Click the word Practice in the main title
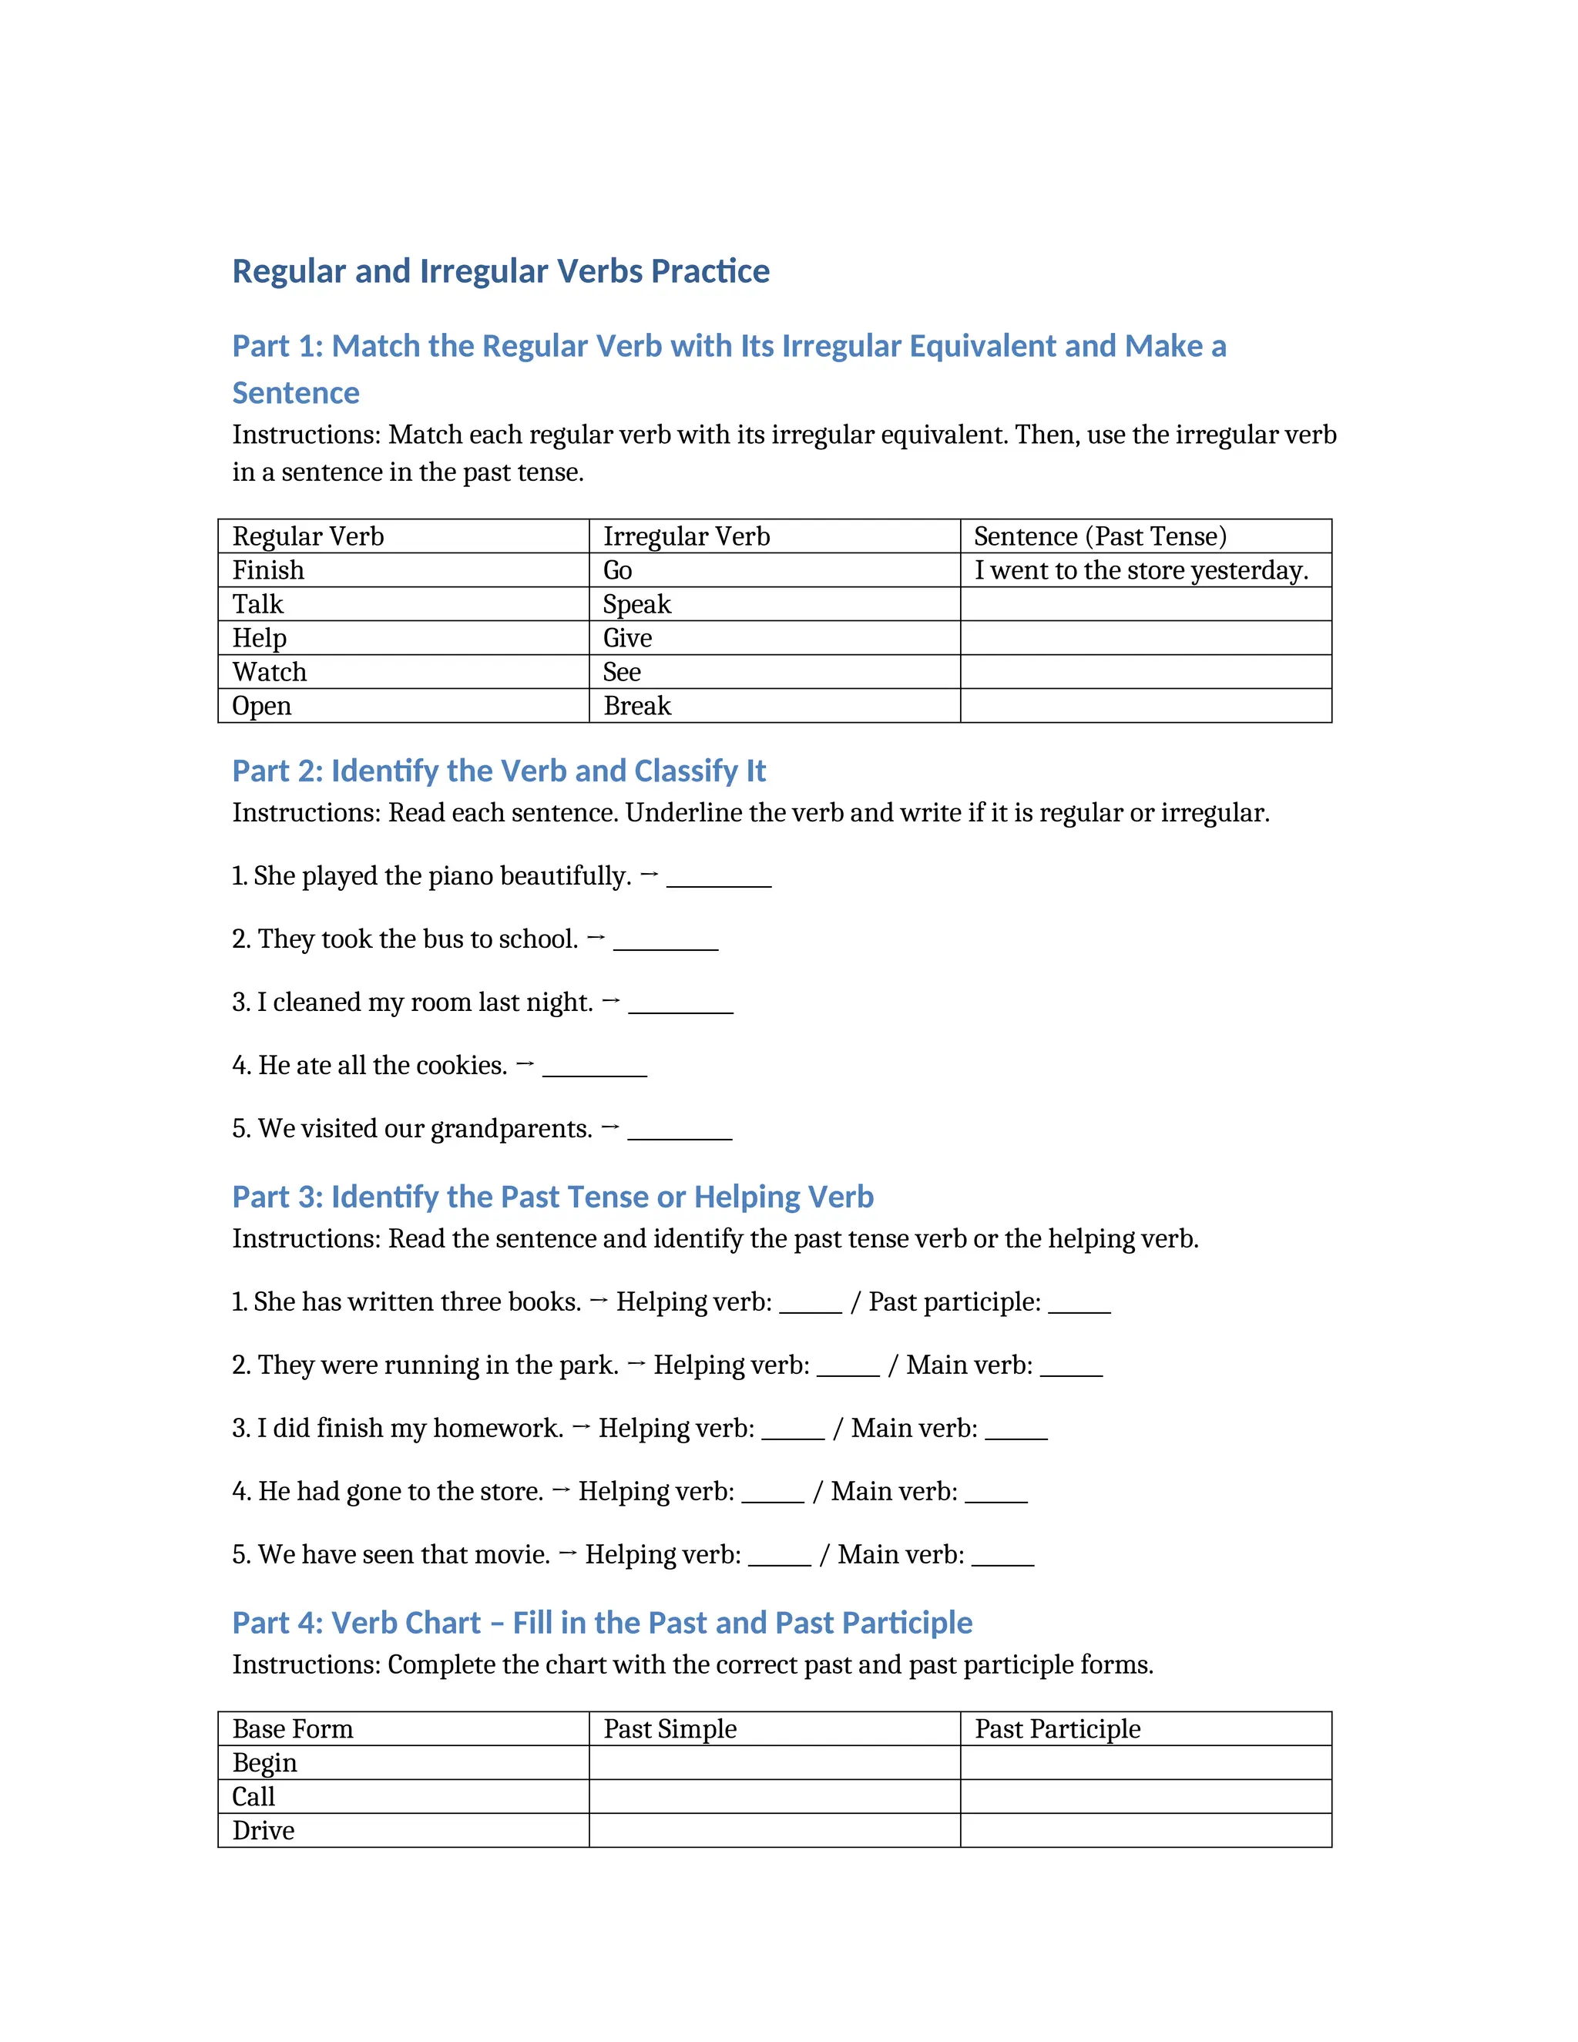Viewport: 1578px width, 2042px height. click(x=710, y=271)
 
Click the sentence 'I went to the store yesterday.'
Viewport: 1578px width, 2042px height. click(x=1140, y=570)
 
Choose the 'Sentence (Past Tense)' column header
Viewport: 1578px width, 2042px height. click(x=1100, y=536)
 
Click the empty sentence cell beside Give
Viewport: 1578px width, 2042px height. click(x=1145, y=638)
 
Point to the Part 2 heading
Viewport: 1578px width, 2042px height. click(x=499, y=771)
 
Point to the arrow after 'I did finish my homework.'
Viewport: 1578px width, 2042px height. click(x=580, y=1427)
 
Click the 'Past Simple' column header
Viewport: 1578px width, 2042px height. click(x=670, y=1729)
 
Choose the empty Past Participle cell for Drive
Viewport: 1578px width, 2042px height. click(x=1145, y=1830)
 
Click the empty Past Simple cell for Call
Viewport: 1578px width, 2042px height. click(x=774, y=1796)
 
